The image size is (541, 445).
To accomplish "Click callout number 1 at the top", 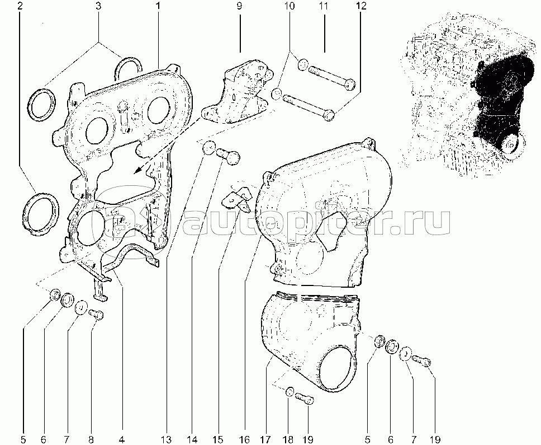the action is click(158, 6).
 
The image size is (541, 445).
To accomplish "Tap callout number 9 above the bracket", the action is click(239, 6).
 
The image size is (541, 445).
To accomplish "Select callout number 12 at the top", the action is click(361, 6).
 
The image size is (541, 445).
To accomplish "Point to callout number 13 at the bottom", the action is click(167, 439).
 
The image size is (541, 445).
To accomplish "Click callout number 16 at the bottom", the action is click(244, 439).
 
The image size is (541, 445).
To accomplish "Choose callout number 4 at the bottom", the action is click(122, 439).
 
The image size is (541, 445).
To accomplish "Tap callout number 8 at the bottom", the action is click(91, 439).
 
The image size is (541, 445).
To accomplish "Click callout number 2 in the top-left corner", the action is click(20, 6).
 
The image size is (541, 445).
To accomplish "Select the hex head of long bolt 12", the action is click(330, 115).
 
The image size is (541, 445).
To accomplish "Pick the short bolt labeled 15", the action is click(229, 156).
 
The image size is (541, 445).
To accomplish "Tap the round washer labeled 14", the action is click(208, 148).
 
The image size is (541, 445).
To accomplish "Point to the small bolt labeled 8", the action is click(97, 314).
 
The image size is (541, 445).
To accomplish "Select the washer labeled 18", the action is click(290, 392).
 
